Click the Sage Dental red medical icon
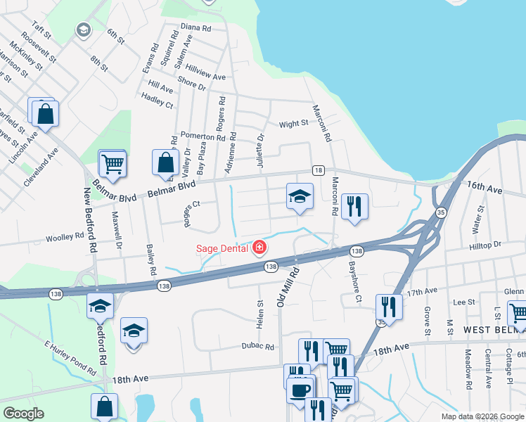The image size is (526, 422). [x=260, y=248]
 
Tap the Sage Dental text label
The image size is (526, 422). [x=221, y=248]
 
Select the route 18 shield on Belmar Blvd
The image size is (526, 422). [x=319, y=171]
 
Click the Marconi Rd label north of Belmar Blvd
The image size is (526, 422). [x=317, y=122]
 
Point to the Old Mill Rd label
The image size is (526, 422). [x=286, y=290]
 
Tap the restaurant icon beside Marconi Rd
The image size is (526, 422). [x=354, y=206]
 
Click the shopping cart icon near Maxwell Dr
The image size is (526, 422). [x=113, y=164]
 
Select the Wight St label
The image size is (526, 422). [x=293, y=124]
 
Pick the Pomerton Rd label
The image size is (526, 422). [x=202, y=135]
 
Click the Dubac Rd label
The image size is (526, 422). [x=257, y=346]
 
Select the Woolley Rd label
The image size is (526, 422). [x=65, y=238]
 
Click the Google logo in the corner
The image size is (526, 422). [x=24, y=414]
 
